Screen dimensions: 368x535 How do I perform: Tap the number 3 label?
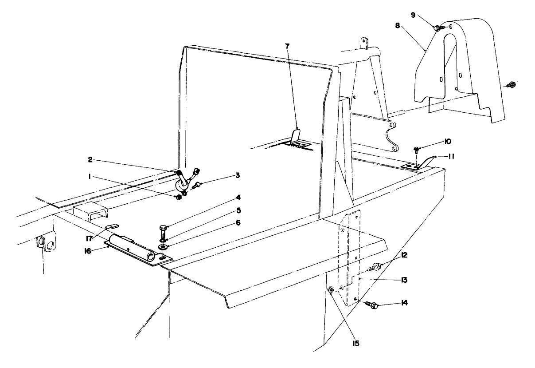pos(238,175)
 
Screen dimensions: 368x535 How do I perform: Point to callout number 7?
pos(289,46)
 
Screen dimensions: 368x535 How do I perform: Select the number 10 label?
pos(447,142)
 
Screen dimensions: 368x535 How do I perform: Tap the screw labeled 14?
pos(372,305)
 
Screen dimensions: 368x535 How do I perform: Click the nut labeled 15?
pos(331,290)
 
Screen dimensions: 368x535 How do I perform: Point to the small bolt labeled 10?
pos(417,150)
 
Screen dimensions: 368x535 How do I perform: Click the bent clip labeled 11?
pos(425,162)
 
